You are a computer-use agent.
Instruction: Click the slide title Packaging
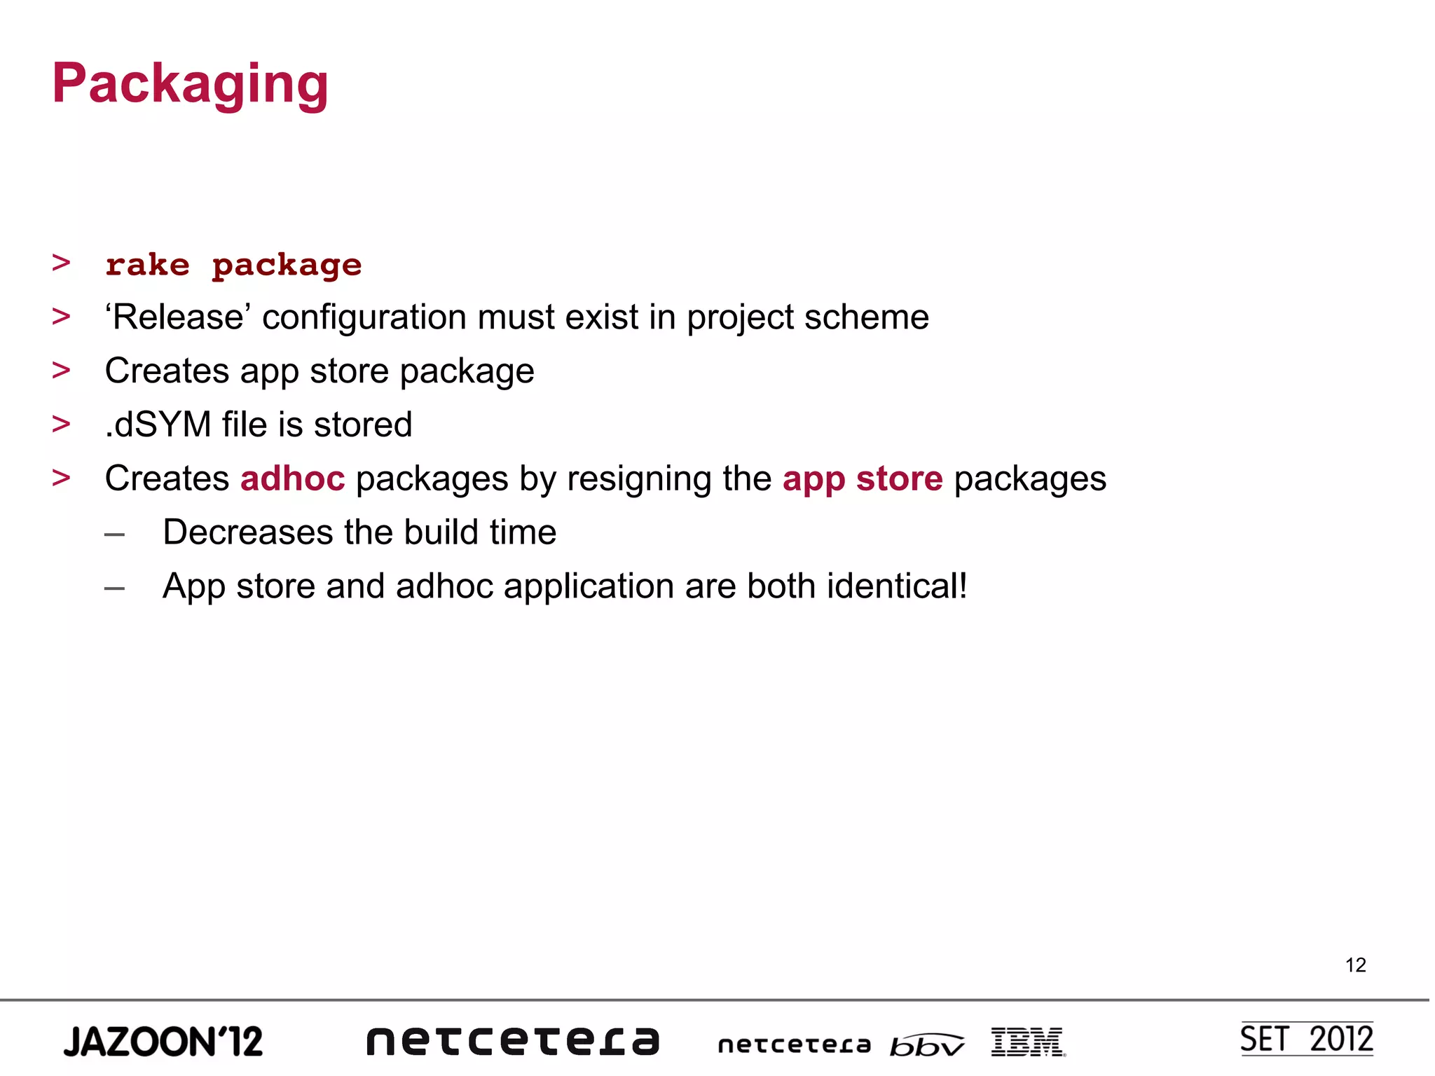(x=190, y=84)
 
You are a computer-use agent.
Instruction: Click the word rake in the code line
(x=147, y=265)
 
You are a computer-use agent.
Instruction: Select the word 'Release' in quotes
(x=178, y=317)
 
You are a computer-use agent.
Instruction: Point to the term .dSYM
(x=158, y=425)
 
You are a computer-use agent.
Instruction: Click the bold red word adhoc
(x=292, y=478)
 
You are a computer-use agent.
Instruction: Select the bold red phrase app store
(x=863, y=478)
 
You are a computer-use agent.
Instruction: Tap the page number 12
(x=1355, y=965)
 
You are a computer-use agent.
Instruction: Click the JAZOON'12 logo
(x=163, y=1042)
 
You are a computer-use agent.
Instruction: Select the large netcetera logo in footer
(x=513, y=1041)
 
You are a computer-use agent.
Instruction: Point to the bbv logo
(x=926, y=1045)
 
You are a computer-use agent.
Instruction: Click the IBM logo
(x=1028, y=1042)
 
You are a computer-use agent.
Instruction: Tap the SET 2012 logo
(x=1306, y=1039)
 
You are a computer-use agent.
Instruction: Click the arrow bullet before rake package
(x=62, y=263)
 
